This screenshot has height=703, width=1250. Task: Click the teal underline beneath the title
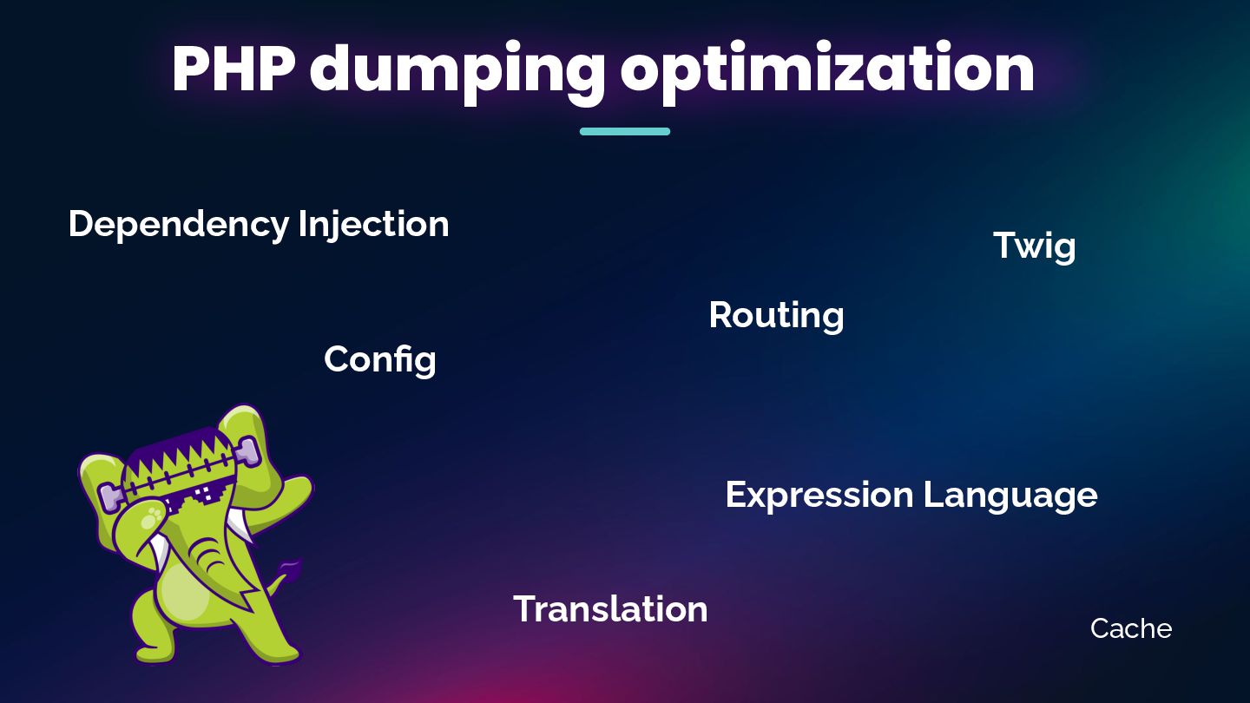coord(624,132)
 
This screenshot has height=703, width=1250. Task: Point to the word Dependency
coord(178,225)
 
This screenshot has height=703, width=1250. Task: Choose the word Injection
coord(373,225)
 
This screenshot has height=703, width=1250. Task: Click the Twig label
coord(1034,246)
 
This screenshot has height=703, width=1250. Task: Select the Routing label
coord(776,316)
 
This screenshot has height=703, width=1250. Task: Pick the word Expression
coord(819,496)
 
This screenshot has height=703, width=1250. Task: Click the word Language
coord(1010,496)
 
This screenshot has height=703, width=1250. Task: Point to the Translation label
coord(610,609)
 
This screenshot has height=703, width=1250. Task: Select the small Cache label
coord(1130,628)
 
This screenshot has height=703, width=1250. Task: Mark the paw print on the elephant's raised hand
coord(154,518)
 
